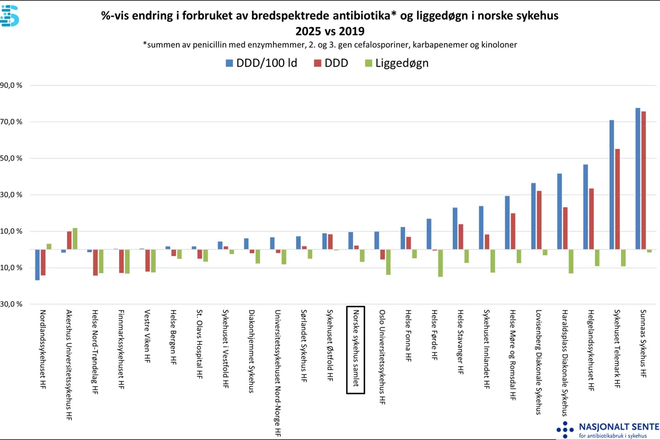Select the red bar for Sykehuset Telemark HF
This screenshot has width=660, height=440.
(x=618, y=199)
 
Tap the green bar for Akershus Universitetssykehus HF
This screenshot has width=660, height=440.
(x=75, y=239)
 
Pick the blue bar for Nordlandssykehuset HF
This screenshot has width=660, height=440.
(x=37, y=265)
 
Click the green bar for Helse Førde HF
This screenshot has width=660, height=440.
(x=441, y=263)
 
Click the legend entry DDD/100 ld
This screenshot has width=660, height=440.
(x=261, y=63)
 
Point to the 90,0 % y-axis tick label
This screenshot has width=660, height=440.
(x=11, y=85)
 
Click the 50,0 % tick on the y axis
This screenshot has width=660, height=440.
(x=11, y=158)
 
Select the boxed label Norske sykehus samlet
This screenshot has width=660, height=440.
(x=355, y=349)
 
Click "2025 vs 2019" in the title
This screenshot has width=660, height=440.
(x=329, y=30)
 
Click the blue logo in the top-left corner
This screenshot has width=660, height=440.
(x=10, y=16)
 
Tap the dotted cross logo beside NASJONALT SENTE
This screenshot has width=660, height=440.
(x=565, y=430)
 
